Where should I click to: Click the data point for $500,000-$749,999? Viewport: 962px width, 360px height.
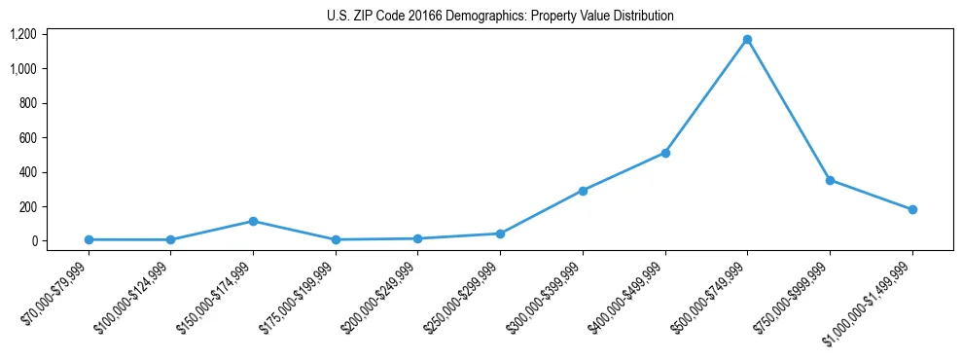(747, 40)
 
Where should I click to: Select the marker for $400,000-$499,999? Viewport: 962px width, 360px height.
(665, 153)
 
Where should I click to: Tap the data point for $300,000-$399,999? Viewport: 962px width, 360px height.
(583, 191)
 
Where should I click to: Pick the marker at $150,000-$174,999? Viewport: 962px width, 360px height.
(253, 222)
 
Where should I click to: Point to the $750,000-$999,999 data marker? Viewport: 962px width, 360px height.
(830, 180)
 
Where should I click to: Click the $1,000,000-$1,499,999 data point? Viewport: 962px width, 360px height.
(912, 209)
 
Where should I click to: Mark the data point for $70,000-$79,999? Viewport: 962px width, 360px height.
(89, 239)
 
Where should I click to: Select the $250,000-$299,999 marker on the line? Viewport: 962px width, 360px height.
(500, 234)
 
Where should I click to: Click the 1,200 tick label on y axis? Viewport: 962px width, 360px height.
(23, 35)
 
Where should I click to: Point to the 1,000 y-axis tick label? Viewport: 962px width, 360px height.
(23, 69)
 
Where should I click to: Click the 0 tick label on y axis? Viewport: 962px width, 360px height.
(34, 241)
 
